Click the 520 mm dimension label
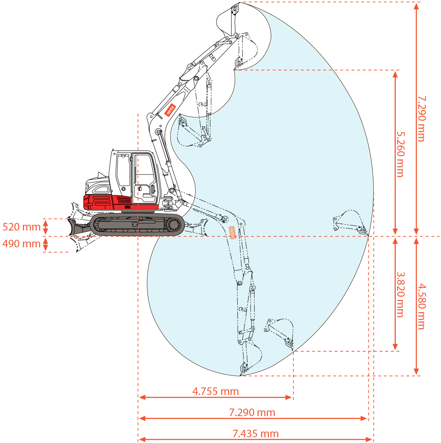click(x=21, y=227)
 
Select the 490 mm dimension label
click(x=21, y=244)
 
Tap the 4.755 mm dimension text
click(x=215, y=391)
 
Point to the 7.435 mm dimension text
click(x=255, y=434)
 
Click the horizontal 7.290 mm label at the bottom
click(x=252, y=413)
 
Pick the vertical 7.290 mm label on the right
click(x=422, y=119)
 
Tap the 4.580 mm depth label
click(x=422, y=306)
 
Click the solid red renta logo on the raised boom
click(x=170, y=110)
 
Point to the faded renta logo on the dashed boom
click(x=232, y=232)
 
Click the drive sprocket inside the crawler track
click(x=174, y=225)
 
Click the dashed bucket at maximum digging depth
click(x=252, y=358)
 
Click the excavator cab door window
click(x=144, y=168)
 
